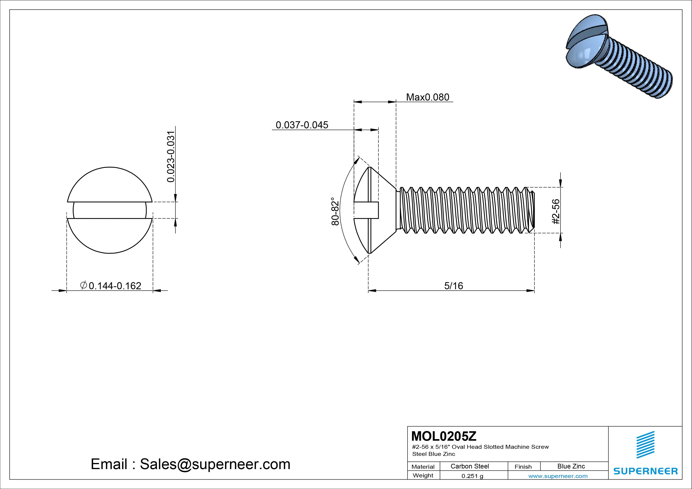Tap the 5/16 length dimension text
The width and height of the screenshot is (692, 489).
point(453,286)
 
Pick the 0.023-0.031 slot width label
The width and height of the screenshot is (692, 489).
point(171,157)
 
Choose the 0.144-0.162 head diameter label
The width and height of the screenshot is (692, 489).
point(115,286)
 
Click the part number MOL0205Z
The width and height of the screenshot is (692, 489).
point(444,436)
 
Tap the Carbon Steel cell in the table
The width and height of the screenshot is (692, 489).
point(469,466)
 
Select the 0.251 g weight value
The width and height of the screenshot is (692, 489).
point(472,476)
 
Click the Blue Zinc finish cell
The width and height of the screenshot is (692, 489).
point(571,466)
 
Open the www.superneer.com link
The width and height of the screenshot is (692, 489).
point(558,476)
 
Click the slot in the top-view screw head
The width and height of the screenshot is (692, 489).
point(110,210)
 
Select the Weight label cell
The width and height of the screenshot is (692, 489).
point(423,475)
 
